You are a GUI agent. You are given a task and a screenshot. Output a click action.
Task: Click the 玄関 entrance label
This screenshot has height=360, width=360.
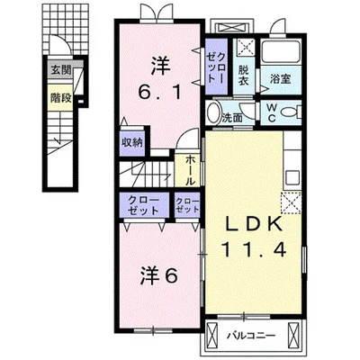tap(60, 68)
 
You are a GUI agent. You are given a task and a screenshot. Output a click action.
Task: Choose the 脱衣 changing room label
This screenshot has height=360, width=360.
tap(244, 75)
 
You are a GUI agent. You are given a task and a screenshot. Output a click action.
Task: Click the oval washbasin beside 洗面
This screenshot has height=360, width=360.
tap(213, 112)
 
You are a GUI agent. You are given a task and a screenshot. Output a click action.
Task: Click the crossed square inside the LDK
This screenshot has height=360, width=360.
tap(291, 202)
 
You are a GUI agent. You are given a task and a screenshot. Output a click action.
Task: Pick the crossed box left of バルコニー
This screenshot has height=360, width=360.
tap(212, 337)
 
